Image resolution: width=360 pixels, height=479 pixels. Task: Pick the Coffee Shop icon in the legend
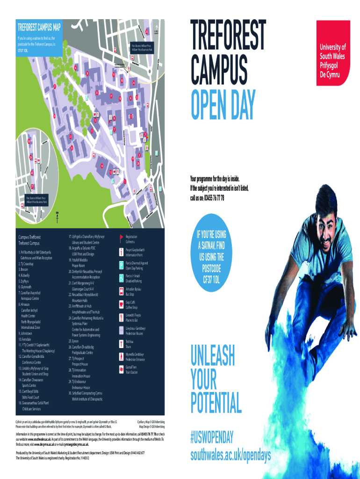click(x=122, y=305)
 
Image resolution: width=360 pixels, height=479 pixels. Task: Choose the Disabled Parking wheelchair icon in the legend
click(x=122, y=278)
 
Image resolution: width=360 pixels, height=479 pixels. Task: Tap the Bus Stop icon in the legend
click(x=122, y=291)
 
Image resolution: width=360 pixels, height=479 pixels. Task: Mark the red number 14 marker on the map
click(x=101, y=165)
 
